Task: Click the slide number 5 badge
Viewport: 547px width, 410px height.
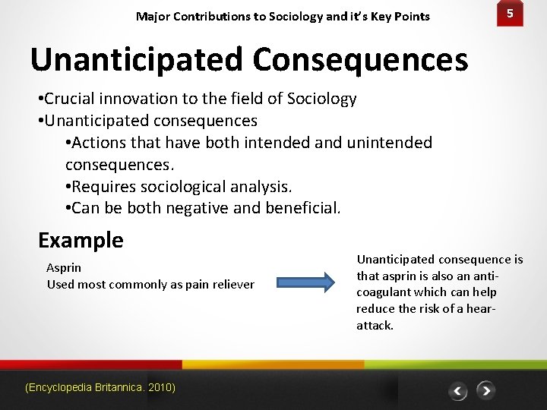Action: (511, 14)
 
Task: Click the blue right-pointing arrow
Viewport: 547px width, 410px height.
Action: (305, 283)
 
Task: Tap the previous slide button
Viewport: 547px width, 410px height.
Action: (457, 391)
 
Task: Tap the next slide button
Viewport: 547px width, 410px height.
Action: (485, 391)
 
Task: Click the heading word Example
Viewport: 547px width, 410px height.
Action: (81, 240)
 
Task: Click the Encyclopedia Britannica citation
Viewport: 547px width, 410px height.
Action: (100, 387)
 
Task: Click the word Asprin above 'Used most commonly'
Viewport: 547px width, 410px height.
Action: (64, 267)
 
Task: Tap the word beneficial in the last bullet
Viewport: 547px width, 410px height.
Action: (303, 207)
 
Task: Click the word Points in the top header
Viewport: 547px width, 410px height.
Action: (412, 16)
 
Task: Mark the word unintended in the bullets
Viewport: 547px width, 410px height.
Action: (389, 143)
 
